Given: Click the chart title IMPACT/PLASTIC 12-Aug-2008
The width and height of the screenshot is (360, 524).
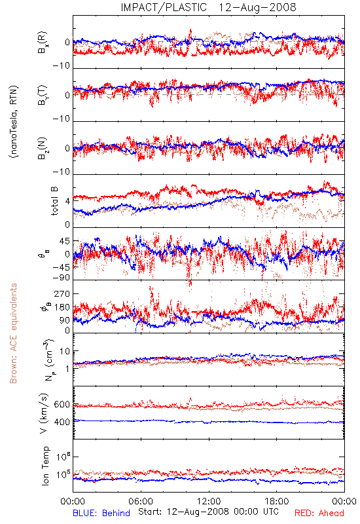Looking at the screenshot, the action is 208,7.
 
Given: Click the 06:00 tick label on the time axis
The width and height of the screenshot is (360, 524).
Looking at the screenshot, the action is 141,501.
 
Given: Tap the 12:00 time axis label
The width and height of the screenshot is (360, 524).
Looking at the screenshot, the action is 209,501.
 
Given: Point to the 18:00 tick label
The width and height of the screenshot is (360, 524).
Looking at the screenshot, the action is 277,501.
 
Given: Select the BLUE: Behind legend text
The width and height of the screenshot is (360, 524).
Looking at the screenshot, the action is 101,513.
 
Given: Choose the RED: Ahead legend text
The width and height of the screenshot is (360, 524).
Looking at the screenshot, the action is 319,513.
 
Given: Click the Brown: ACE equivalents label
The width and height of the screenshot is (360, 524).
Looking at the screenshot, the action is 13,333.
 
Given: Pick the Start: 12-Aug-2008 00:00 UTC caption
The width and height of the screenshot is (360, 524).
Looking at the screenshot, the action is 208,512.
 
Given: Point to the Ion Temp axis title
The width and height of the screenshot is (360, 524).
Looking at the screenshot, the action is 45,466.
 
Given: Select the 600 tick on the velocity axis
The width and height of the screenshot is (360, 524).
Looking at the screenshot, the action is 62,404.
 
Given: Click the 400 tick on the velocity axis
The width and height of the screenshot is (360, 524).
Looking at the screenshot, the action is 62,422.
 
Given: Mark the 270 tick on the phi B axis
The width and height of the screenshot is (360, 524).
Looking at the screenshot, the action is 62,293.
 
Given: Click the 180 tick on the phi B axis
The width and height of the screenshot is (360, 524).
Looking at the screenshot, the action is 62,307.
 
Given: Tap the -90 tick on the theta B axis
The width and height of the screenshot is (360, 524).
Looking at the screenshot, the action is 61,278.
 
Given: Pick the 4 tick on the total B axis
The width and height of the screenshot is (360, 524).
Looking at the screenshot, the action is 68,202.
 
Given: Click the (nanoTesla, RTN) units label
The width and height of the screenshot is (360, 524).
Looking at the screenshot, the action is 14,122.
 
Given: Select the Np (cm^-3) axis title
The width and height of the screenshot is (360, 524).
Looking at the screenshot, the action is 48,360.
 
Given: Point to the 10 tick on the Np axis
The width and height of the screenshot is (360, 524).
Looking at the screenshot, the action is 65,351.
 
